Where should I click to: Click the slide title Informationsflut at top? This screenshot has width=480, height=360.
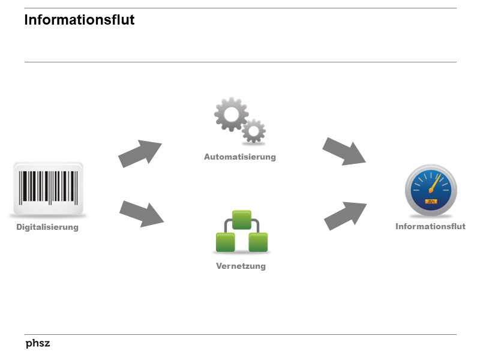[79, 20]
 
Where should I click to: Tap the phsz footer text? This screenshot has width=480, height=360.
[38, 344]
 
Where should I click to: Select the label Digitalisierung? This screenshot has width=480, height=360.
[47, 227]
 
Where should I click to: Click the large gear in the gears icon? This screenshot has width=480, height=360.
[231, 115]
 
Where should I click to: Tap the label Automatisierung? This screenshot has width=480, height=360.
[240, 157]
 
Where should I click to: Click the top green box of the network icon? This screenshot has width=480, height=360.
[241, 220]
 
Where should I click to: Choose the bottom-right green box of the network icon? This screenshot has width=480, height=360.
[258, 242]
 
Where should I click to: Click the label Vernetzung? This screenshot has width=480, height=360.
[241, 266]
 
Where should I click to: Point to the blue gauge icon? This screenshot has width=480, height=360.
[430, 190]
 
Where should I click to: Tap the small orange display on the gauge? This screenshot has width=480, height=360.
[431, 202]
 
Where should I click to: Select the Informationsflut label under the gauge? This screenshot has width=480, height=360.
[430, 227]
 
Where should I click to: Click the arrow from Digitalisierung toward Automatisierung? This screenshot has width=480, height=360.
[140, 154]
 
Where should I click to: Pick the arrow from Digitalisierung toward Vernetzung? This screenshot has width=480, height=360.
[141, 213]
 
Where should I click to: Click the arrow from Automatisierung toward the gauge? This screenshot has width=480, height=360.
[344, 151]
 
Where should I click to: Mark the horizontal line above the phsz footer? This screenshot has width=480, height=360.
[240, 334]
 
